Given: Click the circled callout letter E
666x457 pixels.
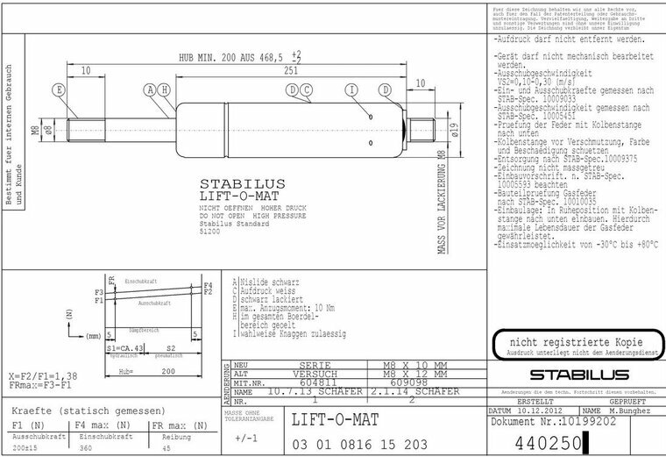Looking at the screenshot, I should coord(59,90).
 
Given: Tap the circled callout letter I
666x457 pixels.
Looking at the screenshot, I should coord(352,90).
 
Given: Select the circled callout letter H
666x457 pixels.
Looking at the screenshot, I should coord(165,90).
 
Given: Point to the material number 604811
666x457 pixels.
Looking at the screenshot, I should coord(315,382).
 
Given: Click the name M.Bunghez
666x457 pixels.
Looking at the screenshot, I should coord(630,411).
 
